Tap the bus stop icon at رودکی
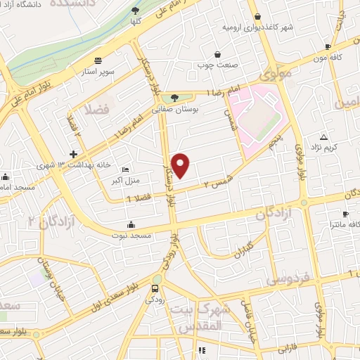pos(156,288)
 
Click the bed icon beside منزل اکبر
pos(125,169)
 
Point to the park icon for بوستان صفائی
pos(174,99)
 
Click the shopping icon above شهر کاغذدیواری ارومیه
pos(257,17)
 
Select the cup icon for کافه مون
pos(328,47)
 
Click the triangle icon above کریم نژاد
pos(323,136)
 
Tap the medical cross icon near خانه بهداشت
pos(73,154)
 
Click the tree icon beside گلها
pos(135,11)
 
